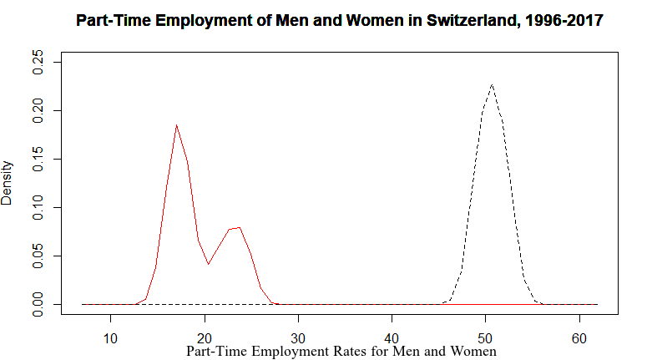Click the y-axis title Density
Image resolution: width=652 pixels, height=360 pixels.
[8, 183]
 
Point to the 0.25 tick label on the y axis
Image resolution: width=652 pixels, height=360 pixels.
[38, 62]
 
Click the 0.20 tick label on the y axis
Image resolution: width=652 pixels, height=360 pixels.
[38, 110]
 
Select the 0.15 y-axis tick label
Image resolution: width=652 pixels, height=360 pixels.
[38, 159]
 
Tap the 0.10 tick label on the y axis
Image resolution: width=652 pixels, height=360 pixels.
[38, 207]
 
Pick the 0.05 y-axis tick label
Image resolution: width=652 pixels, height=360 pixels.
[38, 256]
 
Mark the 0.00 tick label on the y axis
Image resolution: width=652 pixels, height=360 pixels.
[38, 304]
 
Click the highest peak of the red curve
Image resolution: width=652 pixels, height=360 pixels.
[176, 125]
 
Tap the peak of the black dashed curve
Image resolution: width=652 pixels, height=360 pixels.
[493, 84]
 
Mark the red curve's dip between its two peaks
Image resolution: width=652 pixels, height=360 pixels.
[208, 264]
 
